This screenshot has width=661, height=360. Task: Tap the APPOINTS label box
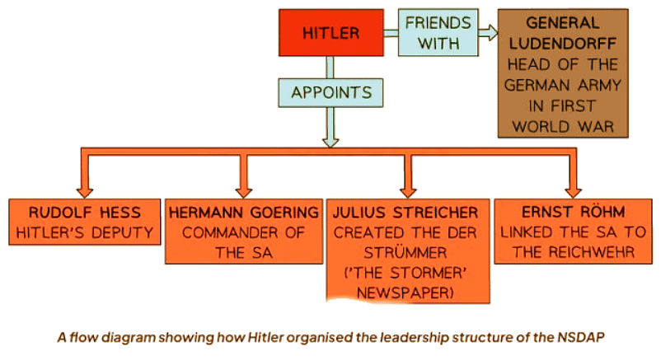point(330,91)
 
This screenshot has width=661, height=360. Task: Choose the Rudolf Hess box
point(83,222)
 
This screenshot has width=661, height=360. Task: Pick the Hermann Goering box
point(243,231)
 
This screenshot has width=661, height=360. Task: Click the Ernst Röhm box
point(568,231)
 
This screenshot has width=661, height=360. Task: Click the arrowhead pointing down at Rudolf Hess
point(85,185)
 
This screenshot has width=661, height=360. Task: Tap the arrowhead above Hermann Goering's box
point(243,185)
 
